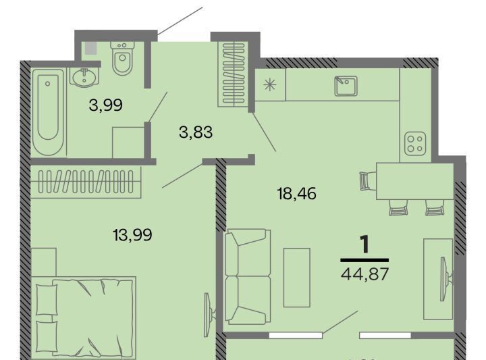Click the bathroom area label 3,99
106,105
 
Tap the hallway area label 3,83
196,132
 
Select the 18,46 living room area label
296,194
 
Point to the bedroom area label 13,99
133,235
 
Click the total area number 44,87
364,274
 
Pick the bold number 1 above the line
365,245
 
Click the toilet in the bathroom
122,57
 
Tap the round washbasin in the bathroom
84,76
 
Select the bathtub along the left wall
48,113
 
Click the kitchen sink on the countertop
346,86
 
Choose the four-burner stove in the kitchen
415,144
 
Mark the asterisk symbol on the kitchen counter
269,84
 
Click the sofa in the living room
247,276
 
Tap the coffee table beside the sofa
296,278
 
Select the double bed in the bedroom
84,318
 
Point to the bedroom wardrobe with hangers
86,182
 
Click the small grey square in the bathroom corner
90,48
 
